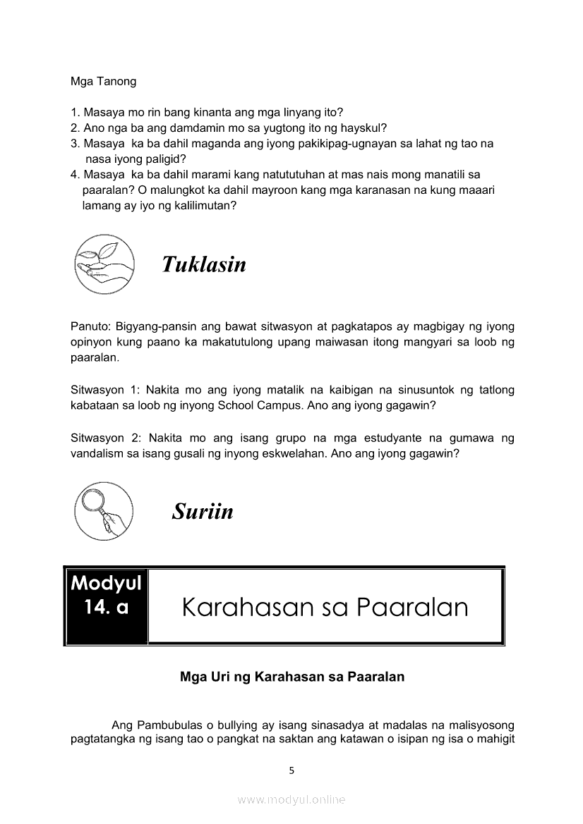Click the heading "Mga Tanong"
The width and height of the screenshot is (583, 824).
(x=103, y=81)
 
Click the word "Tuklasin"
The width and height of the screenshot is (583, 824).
(x=204, y=264)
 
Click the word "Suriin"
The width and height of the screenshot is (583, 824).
(x=203, y=511)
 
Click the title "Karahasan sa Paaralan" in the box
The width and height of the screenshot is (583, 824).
(x=325, y=607)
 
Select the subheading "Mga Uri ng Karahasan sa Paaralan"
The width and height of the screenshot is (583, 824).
(x=292, y=677)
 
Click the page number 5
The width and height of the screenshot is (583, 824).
(x=291, y=770)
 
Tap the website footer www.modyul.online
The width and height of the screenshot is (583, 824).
(x=291, y=799)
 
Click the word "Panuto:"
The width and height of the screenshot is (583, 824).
(x=89, y=327)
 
